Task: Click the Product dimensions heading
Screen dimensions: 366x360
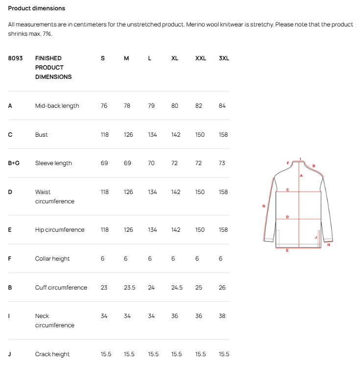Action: pos(37,8)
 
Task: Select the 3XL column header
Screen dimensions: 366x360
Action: pos(224,58)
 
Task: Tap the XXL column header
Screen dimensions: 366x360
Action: pos(201,58)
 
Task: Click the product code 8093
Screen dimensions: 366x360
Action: pos(15,58)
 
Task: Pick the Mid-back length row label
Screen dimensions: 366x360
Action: pos(57,106)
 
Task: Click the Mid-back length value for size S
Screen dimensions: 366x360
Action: pos(104,106)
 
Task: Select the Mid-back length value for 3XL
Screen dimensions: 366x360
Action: pos(223,106)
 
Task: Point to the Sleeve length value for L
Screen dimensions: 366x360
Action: pos(151,163)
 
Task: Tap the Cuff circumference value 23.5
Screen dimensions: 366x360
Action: pos(129,288)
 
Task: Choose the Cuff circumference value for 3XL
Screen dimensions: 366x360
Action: pos(222,288)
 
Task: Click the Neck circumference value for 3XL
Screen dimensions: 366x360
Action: pos(222,316)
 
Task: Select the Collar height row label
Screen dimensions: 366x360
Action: pos(52,259)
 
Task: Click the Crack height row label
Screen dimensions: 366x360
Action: pos(52,354)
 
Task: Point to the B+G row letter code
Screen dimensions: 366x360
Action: pos(14,163)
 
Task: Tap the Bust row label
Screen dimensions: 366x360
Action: pos(42,135)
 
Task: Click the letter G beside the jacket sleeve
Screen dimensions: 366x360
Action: pos(264,206)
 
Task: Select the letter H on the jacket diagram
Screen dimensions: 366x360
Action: pos(328,245)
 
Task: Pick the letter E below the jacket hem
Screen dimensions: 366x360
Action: pos(287,250)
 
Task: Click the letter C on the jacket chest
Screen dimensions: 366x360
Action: pos(288,189)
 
